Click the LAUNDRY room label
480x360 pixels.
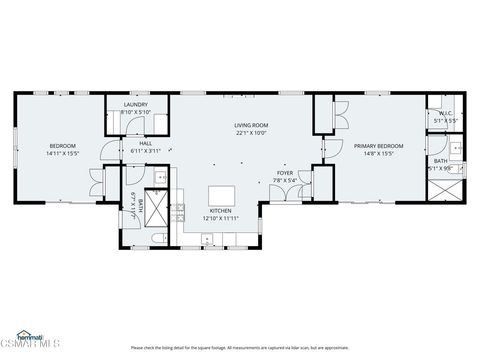click(136, 104)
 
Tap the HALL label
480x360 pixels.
click(145, 143)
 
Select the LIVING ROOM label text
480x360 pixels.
click(251, 125)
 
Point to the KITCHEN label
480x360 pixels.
click(221, 211)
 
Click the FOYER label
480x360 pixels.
click(285, 173)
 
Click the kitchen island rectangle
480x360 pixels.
click(222, 195)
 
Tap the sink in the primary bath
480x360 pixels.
click(456, 149)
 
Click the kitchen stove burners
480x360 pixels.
click(178, 211)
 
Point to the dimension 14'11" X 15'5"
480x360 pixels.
click(62, 153)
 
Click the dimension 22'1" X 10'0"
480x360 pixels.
click(251, 132)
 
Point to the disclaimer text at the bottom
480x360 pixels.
click(239, 348)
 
